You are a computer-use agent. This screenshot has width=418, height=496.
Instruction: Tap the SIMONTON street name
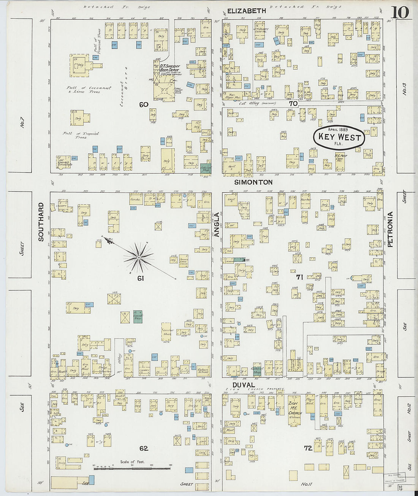[253, 182]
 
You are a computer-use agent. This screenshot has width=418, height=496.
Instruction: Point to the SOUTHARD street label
[41, 222]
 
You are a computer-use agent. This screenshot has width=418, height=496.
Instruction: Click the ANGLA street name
[217, 225]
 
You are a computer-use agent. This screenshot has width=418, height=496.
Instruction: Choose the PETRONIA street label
[389, 229]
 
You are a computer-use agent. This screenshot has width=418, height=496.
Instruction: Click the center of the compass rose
[139, 258]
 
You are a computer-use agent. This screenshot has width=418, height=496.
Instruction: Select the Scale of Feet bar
[133, 468]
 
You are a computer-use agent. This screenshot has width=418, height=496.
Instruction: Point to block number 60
[143, 105]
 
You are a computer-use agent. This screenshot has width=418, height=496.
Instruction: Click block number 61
[141, 279]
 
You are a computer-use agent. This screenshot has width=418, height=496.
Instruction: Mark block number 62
[143, 448]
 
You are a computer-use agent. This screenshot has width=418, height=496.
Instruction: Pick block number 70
[293, 103]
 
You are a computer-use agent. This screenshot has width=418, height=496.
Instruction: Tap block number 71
[299, 277]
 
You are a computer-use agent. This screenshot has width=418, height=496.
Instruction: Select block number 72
[308, 448]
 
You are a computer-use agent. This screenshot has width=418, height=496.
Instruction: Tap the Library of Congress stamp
[395, 477]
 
